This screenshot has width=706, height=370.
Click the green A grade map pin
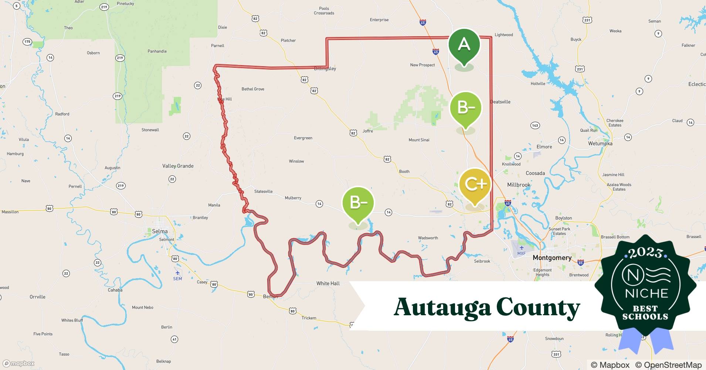coord(464,45)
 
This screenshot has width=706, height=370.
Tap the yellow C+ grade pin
coord(475,184)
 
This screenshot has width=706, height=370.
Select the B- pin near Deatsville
coord(466,108)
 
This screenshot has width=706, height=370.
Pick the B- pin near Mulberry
coord(358,202)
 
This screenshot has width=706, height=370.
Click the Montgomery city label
coord(552,258)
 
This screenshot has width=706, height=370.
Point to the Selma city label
coord(160,231)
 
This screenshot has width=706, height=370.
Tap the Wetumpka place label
coord(600,144)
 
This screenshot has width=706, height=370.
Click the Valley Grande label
coord(178,166)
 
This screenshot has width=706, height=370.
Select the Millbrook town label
coord(519,185)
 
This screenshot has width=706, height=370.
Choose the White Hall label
coord(328,283)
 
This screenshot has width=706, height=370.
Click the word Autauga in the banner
coord(442,307)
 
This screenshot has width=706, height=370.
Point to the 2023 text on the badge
coord(645,253)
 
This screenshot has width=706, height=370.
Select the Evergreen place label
coord(303,138)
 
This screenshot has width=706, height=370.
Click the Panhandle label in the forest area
coord(157,51)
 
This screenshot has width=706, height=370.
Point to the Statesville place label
coord(264,191)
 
